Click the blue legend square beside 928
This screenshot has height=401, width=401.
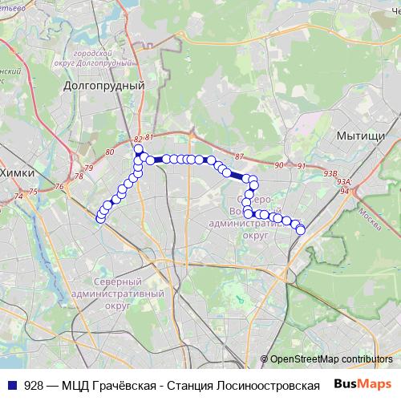[x=10, y=385]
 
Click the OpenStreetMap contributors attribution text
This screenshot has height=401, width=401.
[x=331, y=359]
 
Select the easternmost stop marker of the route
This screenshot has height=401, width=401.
[x=301, y=230]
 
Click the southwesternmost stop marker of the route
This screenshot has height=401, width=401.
[x=100, y=218]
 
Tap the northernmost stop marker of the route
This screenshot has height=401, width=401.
[x=138, y=149]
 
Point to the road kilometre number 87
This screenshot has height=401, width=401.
[x=239, y=155]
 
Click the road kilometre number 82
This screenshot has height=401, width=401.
[x=138, y=140]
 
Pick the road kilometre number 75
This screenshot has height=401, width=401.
[x=33, y=192]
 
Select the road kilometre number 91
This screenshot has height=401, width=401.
[x=302, y=166]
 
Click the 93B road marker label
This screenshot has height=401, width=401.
[x=330, y=172]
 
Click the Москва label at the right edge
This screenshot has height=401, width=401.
[x=368, y=215]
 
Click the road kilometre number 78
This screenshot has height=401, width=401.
[x=79, y=176]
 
